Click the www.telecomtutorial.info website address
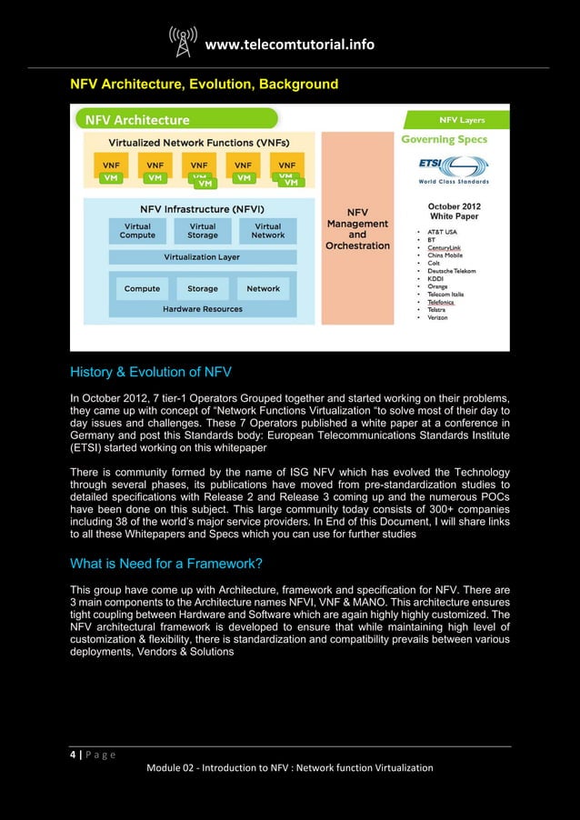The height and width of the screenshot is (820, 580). tap(290, 45)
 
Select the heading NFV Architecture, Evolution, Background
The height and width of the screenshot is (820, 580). tap(205, 85)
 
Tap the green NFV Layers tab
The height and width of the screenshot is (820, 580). tap(462, 119)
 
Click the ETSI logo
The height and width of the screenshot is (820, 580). tap(453, 168)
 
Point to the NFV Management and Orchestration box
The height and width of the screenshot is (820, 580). tap(357, 228)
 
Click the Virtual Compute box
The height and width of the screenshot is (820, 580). tap(137, 231)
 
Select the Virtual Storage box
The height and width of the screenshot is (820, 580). tap(202, 231)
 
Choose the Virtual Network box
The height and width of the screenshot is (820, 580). tap(267, 231)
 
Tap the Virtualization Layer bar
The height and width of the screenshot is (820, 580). tap(202, 257)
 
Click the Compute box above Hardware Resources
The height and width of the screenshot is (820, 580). tap(142, 289)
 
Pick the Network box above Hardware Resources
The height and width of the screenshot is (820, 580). tap(263, 289)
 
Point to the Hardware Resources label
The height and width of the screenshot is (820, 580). tap(202, 309)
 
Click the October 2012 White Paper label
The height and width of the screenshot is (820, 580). tap(455, 212)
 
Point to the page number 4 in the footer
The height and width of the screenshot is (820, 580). tap(74, 754)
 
